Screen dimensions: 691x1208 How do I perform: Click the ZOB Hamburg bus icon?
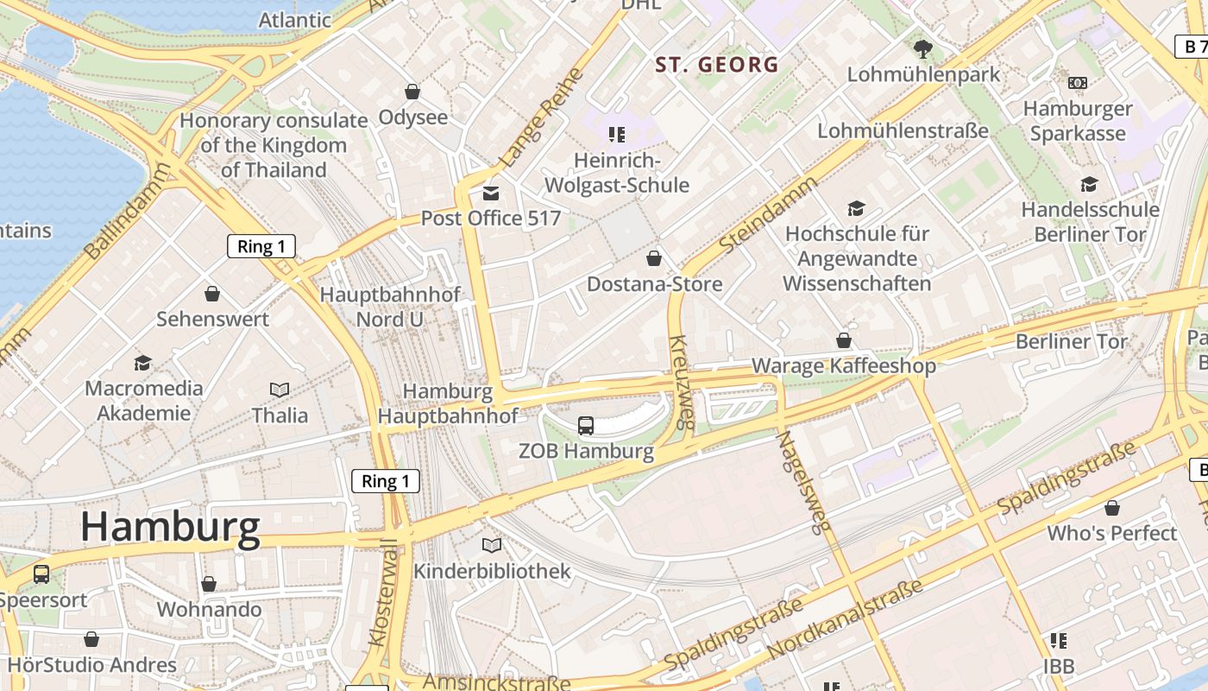click(x=586, y=425)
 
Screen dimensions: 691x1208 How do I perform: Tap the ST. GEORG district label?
click(x=717, y=65)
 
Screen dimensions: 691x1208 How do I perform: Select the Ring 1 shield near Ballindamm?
click(x=261, y=247)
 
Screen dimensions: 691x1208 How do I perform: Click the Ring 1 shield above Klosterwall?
click(x=386, y=481)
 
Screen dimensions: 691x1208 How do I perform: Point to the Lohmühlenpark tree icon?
click(x=923, y=49)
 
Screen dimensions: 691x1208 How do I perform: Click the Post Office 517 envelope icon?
click(x=491, y=193)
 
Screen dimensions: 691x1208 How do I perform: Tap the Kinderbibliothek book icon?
click(x=492, y=546)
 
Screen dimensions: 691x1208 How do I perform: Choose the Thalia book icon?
click(x=280, y=390)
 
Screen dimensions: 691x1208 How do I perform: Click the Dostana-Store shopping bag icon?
click(x=654, y=258)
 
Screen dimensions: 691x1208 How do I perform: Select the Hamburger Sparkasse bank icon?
click(x=1077, y=83)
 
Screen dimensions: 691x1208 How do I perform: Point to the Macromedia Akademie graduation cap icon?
click(x=143, y=363)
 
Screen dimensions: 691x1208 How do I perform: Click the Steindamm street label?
click(x=768, y=214)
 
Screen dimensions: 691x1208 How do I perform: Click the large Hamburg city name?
click(x=170, y=527)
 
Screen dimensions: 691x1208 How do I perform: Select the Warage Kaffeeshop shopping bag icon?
click(x=843, y=341)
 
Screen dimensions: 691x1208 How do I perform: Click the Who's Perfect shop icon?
click(x=1112, y=508)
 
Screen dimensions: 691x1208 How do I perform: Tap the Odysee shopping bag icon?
click(x=412, y=92)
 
